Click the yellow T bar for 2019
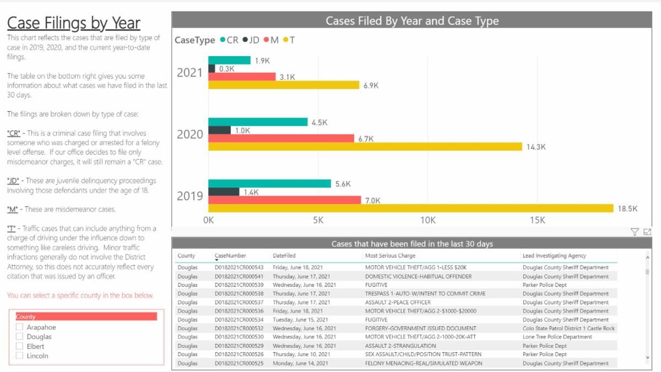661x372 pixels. pyautogui.click(x=410, y=208)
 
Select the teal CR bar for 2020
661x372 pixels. pyautogui.click(x=258, y=122)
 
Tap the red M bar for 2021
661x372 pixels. pyautogui.click(x=242, y=77)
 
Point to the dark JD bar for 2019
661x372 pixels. pyautogui.click(x=224, y=192)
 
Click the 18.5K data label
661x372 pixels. pyautogui.click(x=627, y=209)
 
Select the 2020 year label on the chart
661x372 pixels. pyautogui.click(x=190, y=134)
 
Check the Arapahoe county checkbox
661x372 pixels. pyautogui.click(x=20, y=327)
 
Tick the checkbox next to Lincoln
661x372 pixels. pyautogui.click(x=20, y=355)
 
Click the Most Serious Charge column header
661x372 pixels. pyautogui.click(x=391, y=256)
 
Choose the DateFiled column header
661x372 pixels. pyautogui.click(x=284, y=256)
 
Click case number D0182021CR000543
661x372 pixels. pyautogui.click(x=239, y=267)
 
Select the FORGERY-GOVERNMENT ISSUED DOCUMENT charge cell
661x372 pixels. pyautogui.click(x=421, y=329)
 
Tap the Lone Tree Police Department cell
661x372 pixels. pyautogui.click(x=557, y=337)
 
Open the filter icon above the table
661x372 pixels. pyautogui.click(x=635, y=232)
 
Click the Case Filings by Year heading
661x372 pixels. pyautogui.click(x=74, y=23)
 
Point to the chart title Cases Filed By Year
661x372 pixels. pyautogui.click(x=412, y=21)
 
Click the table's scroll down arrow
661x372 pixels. pyautogui.click(x=647, y=358)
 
